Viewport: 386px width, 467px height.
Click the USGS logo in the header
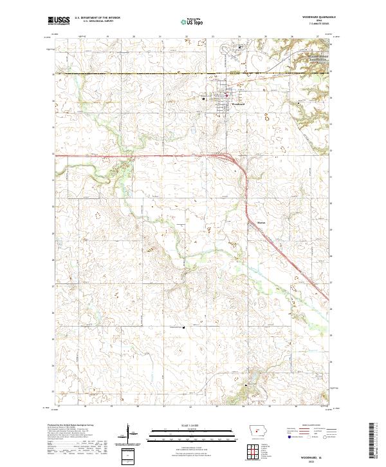[x=59, y=21]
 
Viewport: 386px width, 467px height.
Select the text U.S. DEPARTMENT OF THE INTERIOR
[x=97, y=18]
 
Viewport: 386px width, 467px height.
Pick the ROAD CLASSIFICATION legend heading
[x=308, y=426]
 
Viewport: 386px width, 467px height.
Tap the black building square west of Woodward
[x=204, y=99]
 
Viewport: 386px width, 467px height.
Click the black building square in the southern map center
[x=186, y=327]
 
